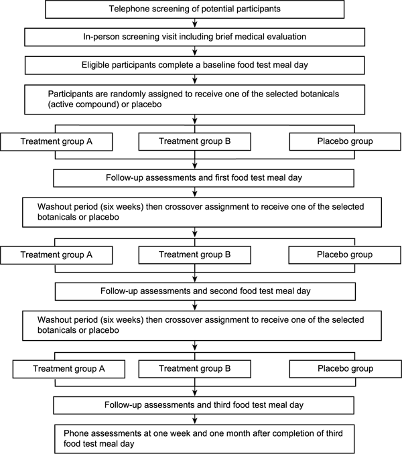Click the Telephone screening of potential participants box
[x=194, y=9]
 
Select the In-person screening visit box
[x=194, y=37]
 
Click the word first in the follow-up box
[x=222, y=177]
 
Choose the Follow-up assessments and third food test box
[x=204, y=405]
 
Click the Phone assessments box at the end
[x=204, y=439]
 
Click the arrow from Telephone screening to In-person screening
[x=195, y=23]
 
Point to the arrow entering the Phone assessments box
[x=195, y=419]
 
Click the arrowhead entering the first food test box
[x=195, y=166]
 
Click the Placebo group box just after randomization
[x=345, y=141]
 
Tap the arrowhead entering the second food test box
[x=195, y=279]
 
